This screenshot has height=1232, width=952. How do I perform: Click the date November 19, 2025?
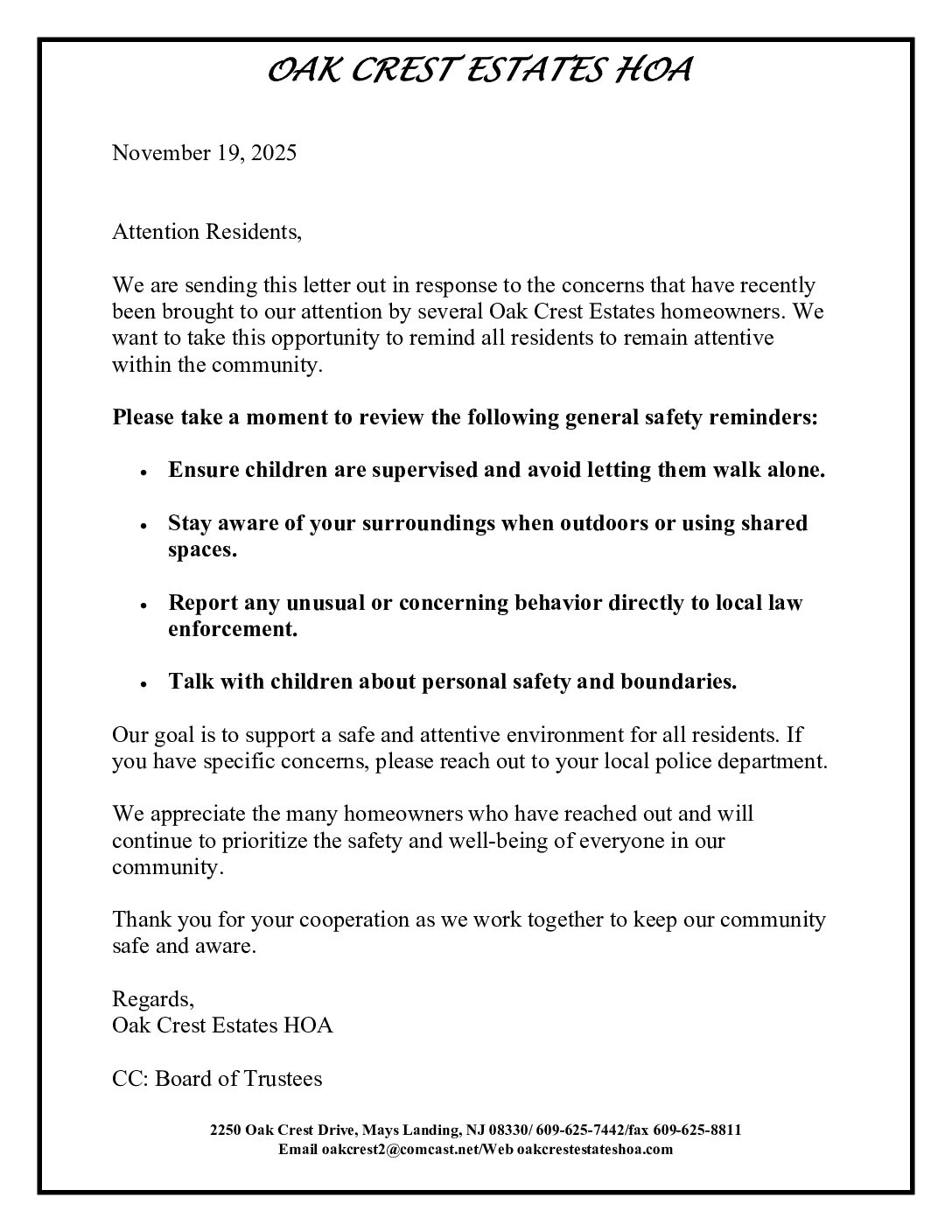click(x=204, y=153)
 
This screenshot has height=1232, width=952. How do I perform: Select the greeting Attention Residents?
click(x=206, y=233)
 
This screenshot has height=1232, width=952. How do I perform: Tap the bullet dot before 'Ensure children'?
click(x=142, y=472)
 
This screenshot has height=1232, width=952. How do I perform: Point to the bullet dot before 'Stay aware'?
click(x=142, y=525)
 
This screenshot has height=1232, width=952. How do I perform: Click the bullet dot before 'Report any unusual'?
click(x=142, y=605)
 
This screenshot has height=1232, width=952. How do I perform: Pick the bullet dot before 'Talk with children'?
click(x=142, y=684)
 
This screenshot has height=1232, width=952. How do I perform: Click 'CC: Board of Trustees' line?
click(x=217, y=1079)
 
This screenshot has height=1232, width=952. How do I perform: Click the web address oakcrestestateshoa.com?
click(x=595, y=1150)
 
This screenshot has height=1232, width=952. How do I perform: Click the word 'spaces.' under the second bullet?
click(x=202, y=551)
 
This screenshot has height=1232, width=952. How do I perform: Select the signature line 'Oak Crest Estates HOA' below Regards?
click(x=222, y=1025)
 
